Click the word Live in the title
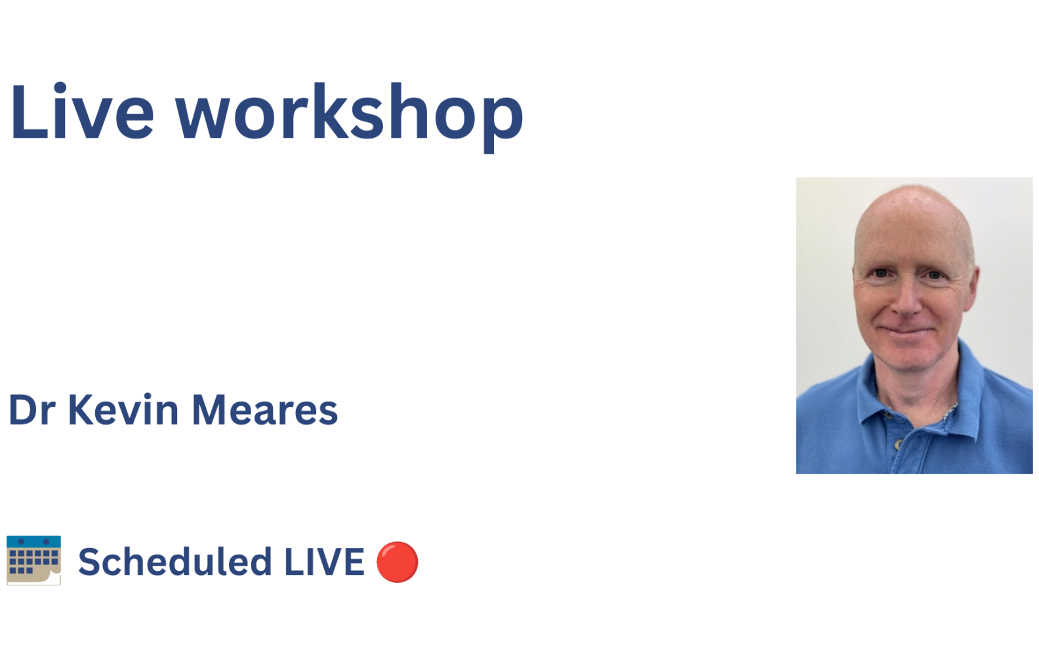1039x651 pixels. [82, 112]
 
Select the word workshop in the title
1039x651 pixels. [350, 117]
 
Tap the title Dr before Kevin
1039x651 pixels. [32, 410]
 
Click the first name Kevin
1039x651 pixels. [123, 409]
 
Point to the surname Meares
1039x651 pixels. [265, 410]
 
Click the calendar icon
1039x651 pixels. [34, 560]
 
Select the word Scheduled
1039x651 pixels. [175, 562]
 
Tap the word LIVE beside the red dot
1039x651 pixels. [324, 562]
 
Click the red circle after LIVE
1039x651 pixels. [397, 562]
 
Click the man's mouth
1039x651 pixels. [907, 331]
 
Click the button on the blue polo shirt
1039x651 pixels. [899, 444]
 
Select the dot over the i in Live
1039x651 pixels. [60, 88]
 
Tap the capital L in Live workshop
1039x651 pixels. [30, 112]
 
